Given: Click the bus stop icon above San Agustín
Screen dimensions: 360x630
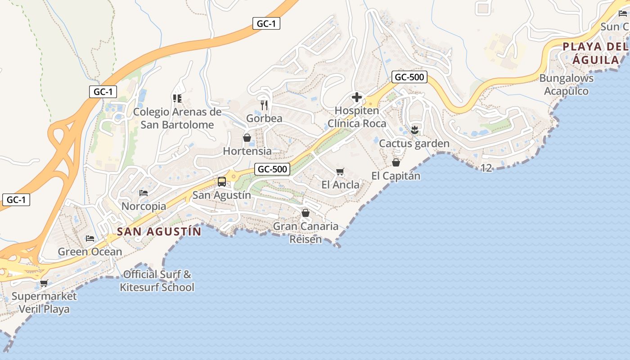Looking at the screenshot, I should coord(222,182).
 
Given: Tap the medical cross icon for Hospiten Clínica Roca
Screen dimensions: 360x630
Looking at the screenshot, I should coord(357,97).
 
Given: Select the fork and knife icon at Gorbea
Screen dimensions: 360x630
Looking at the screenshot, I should coord(264,105).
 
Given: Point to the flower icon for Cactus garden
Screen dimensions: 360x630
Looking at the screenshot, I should coord(414,130).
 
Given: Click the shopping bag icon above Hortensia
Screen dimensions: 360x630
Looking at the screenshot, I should coord(247,138).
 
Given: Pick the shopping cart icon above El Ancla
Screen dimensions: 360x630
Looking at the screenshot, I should coord(340,171).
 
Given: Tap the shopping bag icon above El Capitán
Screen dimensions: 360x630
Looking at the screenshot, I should coord(396,162).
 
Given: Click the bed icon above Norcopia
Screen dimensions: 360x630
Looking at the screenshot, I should coord(144,193).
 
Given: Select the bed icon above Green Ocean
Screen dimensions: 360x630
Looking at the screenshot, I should coord(90,238).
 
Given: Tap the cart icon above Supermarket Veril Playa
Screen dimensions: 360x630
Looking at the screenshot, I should coord(44,283).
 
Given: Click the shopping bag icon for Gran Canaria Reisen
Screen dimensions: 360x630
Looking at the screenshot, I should coord(306,213).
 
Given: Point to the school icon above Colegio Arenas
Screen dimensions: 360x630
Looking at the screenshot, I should coord(177,98).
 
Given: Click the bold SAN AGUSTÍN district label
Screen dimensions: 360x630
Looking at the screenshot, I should coord(159,232).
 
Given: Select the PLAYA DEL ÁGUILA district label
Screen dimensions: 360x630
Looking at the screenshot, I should coord(595,53).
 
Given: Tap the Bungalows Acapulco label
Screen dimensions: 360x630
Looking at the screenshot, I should coord(566,85).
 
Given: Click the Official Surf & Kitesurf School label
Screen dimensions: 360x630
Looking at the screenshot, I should coord(157,281).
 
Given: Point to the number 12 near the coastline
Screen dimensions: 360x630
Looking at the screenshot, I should coord(486,168).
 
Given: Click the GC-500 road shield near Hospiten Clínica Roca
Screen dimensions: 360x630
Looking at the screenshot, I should coord(409,77).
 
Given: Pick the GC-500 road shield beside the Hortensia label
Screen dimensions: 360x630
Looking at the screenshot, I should coord(272,169).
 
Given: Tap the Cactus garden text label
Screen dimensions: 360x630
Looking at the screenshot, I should coord(414,144).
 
